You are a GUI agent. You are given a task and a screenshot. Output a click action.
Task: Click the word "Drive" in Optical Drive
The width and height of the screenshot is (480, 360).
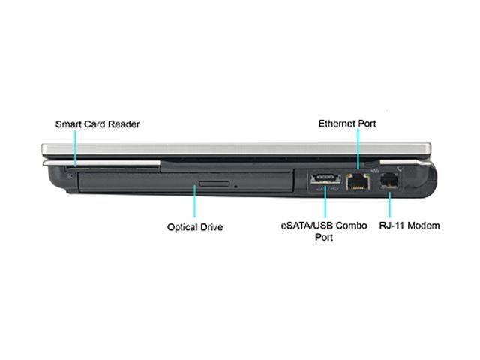coord(211,227)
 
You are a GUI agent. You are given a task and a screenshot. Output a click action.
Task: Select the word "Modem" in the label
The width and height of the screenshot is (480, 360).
coord(424,226)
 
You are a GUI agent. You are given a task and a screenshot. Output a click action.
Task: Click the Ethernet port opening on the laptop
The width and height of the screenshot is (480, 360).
coord(358,182)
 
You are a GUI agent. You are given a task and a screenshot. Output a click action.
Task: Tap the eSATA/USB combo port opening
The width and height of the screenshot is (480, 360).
coord(325,179)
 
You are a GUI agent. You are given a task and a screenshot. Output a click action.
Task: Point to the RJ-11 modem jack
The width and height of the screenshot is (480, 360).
coord(388,181)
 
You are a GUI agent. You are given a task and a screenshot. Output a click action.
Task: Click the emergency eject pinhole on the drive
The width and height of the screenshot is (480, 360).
coord(235,186)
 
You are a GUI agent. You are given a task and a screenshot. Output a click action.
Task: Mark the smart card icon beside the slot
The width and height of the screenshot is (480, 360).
coord(70,176)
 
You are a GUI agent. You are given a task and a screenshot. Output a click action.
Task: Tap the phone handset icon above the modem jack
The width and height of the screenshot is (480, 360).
coord(400,169)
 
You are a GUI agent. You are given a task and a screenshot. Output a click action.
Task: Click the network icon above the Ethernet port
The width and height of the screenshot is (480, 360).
coord(375,170)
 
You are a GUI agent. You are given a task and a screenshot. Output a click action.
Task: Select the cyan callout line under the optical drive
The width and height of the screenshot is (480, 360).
coord(195,201)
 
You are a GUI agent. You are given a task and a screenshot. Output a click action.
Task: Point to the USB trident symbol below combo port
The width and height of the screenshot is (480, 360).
coord(334,189)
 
